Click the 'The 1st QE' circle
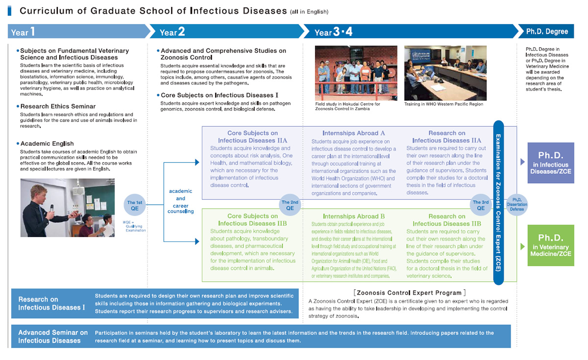134,205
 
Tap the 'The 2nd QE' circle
290,205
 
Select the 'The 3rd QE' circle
481,205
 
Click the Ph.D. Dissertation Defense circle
516,205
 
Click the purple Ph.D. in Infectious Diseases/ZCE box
551,163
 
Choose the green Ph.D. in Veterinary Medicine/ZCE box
551,245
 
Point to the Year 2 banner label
172,32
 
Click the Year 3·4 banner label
333,32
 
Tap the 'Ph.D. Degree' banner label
547,31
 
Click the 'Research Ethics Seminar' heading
58,106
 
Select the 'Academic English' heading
47,144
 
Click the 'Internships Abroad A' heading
354,133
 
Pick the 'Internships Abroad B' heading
354,216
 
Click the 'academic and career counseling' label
181,201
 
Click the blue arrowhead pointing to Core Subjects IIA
197,163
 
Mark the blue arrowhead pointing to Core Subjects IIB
197,241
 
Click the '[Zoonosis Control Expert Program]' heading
410,292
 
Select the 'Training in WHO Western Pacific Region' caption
443,104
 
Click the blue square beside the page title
9,11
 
